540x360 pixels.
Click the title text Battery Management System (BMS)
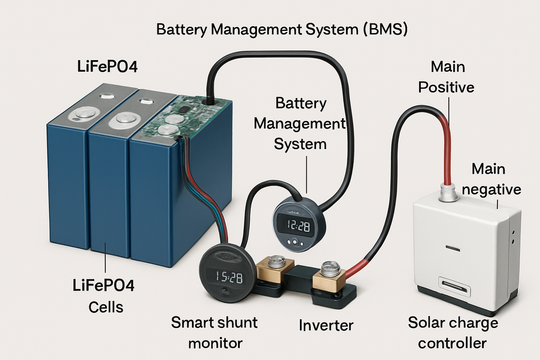click(282, 29)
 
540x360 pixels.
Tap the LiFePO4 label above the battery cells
click(107, 67)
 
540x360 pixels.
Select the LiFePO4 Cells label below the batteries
click(104, 296)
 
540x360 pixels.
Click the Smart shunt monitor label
click(215, 333)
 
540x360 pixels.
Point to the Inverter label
click(326, 325)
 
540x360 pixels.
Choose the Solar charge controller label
click(453, 333)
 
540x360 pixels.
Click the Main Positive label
click(447, 77)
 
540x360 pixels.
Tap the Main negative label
click(491, 179)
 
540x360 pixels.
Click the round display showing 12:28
click(298, 226)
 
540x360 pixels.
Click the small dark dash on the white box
click(453, 248)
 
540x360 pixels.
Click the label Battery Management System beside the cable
click(300, 123)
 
